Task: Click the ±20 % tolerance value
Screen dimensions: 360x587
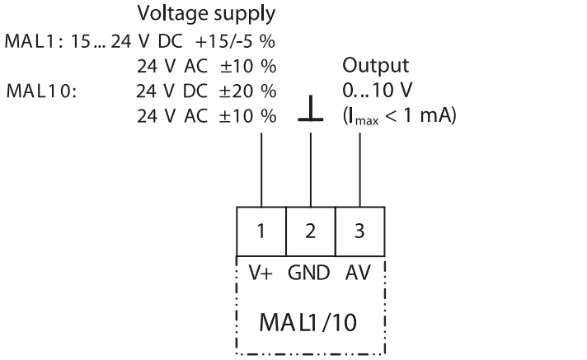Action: (x=247, y=91)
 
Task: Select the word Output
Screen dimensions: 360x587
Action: (x=370, y=66)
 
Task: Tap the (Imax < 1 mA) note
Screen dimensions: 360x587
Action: (x=399, y=116)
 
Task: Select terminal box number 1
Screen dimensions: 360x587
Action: (x=261, y=231)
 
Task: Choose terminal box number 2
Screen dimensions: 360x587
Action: (x=310, y=231)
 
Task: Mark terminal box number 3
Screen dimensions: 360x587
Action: (x=359, y=231)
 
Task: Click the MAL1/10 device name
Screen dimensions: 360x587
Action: (x=310, y=320)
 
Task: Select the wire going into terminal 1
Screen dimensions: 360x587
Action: (x=261, y=169)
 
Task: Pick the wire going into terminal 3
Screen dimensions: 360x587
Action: (x=359, y=169)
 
